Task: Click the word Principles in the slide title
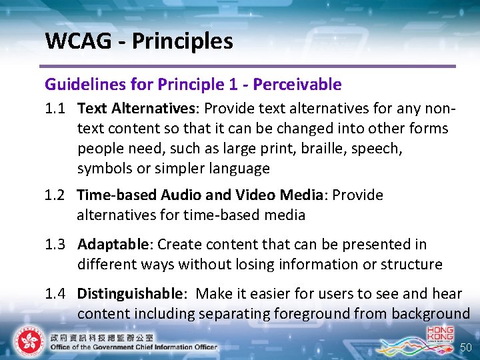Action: [x=183, y=41]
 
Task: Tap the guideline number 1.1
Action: [x=56, y=108]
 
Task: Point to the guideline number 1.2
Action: [x=56, y=195]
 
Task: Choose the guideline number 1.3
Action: [x=56, y=245]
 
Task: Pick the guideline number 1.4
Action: [x=56, y=294]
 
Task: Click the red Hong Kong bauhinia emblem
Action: [x=29, y=341]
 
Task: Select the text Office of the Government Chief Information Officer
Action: [x=133, y=347]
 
